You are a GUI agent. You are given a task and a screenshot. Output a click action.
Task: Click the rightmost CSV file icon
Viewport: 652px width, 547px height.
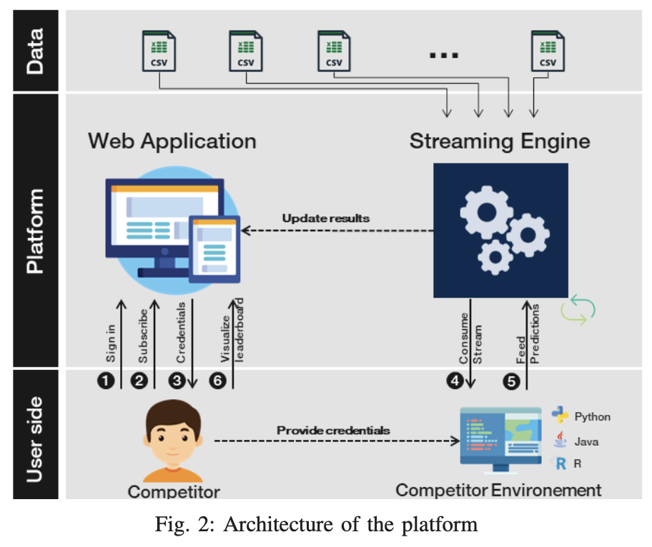(x=548, y=51)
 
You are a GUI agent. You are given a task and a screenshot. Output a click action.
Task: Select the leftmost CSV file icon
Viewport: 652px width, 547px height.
(x=158, y=51)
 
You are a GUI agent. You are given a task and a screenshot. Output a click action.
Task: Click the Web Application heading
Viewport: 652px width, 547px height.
(x=172, y=141)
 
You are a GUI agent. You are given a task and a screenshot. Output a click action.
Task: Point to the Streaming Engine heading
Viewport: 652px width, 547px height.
(x=500, y=141)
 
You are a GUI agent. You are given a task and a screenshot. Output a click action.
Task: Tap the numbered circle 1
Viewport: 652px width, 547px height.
(x=107, y=381)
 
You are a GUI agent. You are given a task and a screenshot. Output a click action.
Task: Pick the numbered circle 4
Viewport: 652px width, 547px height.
(x=454, y=381)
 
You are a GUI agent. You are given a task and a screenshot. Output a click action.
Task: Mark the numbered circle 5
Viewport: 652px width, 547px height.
(x=511, y=381)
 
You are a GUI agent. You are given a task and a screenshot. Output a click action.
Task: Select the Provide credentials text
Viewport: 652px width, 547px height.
(x=333, y=431)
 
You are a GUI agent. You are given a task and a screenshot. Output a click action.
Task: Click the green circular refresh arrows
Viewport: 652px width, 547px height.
(x=578, y=309)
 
